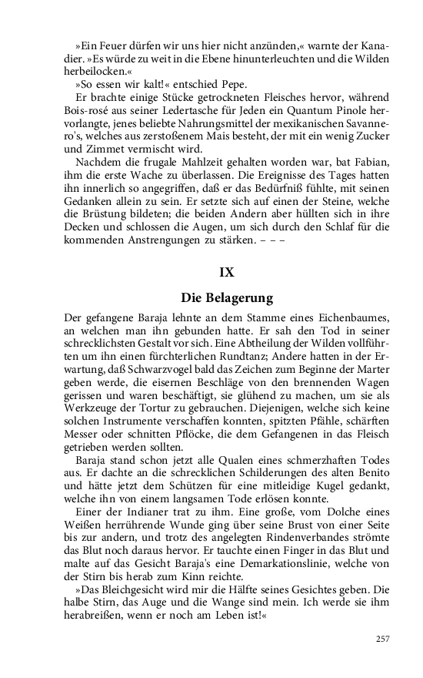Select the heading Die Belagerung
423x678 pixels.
coord(226,297)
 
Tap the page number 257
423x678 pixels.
coord(383,638)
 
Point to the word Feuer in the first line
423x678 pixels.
coord(119,45)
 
